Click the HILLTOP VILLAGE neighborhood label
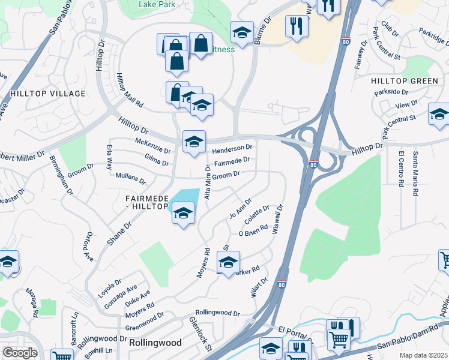point(48,94)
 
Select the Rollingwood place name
point(155,342)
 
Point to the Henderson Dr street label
point(232,148)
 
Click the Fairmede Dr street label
point(232,161)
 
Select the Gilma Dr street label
point(157,159)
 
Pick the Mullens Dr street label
point(130,177)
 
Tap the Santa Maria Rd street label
point(414,174)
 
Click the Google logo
point(20,353)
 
